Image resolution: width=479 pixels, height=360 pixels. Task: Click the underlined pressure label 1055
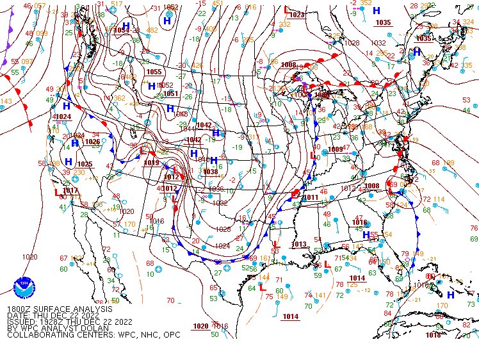(154, 72)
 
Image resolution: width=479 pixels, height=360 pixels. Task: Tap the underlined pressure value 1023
(296, 14)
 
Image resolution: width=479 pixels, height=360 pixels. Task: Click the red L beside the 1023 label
(286, 10)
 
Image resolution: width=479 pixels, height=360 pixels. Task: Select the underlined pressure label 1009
(336, 149)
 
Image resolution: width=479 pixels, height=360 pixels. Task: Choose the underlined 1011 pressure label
(311, 197)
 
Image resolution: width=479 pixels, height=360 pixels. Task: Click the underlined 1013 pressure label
(299, 244)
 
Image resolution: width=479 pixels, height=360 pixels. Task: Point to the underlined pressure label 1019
(151, 163)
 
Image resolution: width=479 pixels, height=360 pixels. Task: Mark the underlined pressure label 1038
(210, 171)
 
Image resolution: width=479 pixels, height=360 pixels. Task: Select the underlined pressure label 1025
(85, 164)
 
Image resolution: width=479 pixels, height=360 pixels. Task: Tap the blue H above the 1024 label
(67, 106)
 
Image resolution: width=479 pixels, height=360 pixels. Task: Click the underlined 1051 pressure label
(170, 94)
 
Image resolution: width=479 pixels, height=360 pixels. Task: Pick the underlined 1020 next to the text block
(200, 326)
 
